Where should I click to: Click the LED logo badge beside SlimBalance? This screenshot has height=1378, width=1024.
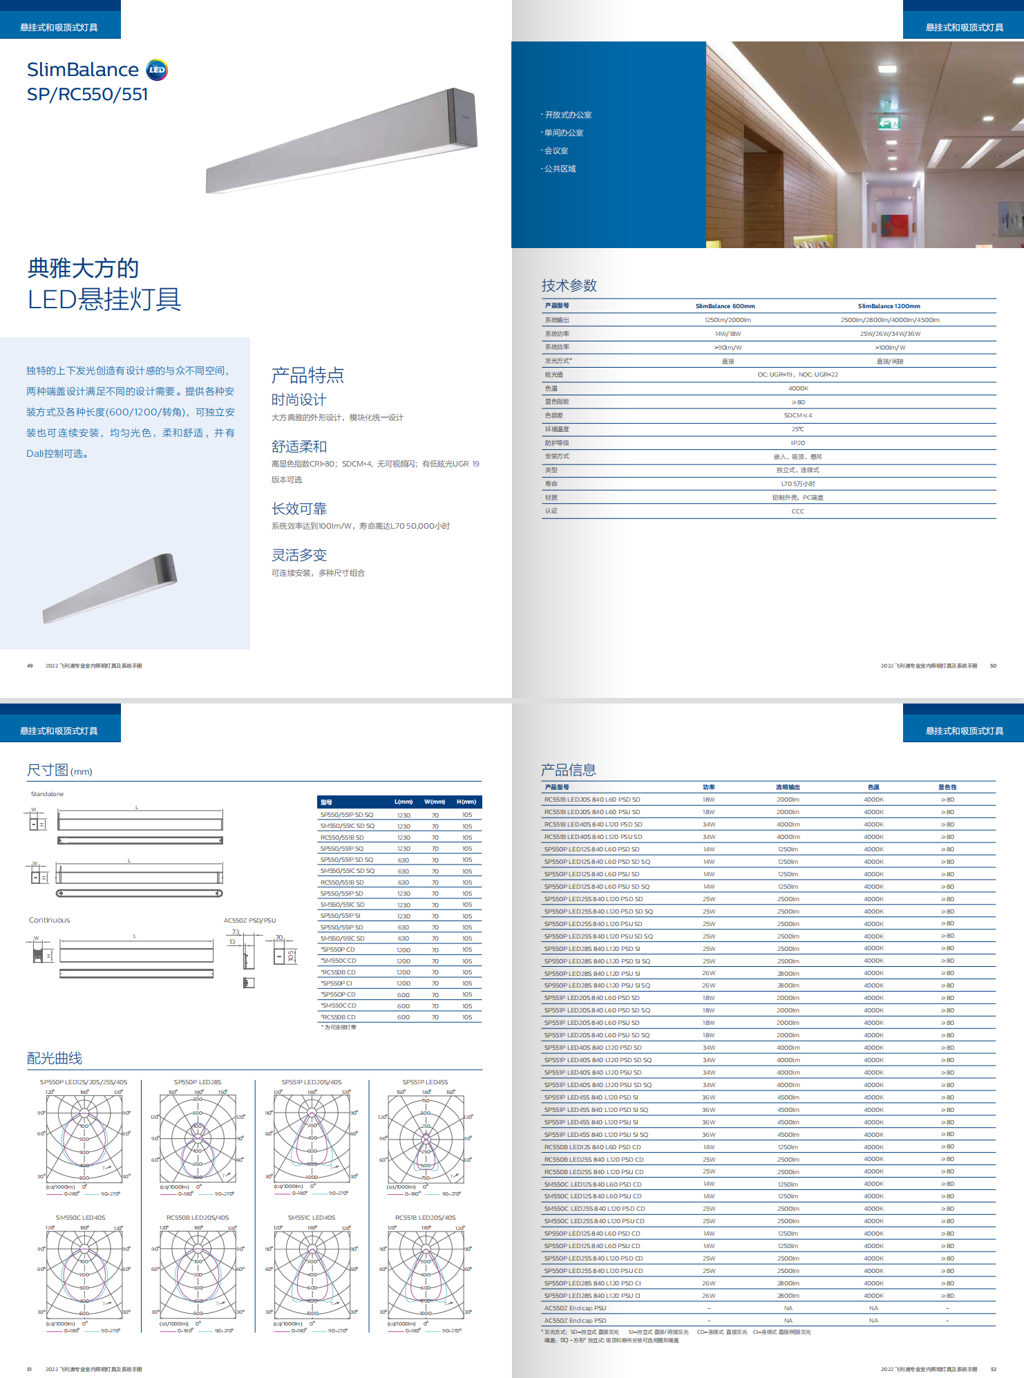pyautogui.click(x=158, y=70)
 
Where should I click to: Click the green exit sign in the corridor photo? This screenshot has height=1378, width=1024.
pyautogui.click(x=889, y=123)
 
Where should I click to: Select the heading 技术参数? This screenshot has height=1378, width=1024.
pyautogui.click(x=569, y=285)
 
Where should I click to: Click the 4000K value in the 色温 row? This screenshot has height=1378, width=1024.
pyautogui.click(x=798, y=388)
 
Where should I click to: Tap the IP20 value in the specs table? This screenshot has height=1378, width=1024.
pyautogui.click(x=798, y=443)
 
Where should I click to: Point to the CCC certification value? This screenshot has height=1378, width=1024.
pyautogui.click(x=798, y=511)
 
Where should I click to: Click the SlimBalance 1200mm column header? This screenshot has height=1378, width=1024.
pyautogui.click(x=889, y=306)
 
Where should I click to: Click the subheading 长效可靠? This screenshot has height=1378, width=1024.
pyautogui.click(x=299, y=509)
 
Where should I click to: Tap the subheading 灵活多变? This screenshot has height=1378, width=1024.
pyautogui.click(x=299, y=556)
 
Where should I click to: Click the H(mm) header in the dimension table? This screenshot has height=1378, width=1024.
pyautogui.click(x=466, y=802)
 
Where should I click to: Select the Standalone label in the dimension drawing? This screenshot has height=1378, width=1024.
pyautogui.click(x=47, y=794)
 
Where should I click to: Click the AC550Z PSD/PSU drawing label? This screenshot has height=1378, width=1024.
pyautogui.click(x=249, y=921)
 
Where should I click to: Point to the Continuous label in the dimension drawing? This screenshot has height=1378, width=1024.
pyautogui.click(x=49, y=921)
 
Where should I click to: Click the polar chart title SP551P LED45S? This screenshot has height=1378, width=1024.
pyautogui.click(x=425, y=1082)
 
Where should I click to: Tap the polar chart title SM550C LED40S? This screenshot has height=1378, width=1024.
pyautogui.click(x=80, y=1218)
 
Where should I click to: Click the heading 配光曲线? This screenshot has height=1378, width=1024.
pyautogui.click(x=55, y=1058)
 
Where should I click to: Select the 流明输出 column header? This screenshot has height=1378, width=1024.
pyautogui.click(x=788, y=787)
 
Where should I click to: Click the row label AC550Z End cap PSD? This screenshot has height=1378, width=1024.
pyautogui.click(x=575, y=1321)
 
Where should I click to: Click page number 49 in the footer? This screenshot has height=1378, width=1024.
pyautogui.click(x=30, y=666)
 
